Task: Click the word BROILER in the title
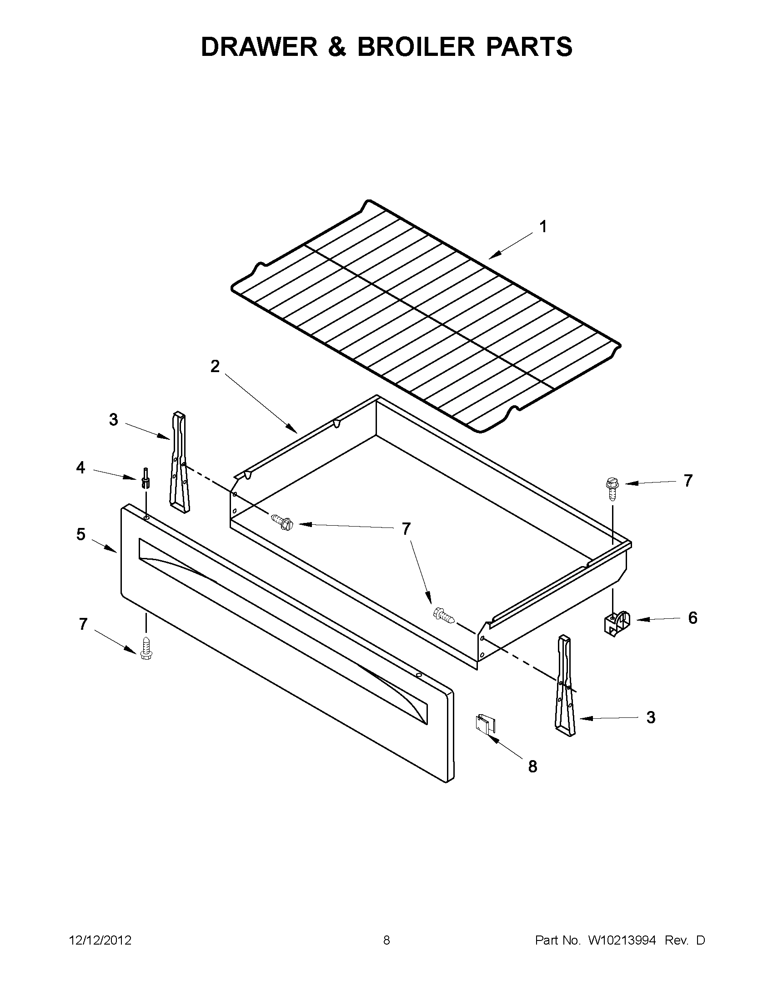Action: coord(416,47)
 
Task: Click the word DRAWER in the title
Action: coord(259,47)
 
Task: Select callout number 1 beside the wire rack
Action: coord(543,227)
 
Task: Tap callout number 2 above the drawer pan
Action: coord(215,366)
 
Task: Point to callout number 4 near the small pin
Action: coord(80,468)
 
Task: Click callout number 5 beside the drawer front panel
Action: coord(80,534)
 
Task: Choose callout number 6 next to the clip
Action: coord(693,618)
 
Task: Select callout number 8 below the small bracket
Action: coord(532,766)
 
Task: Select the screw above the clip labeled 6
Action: coord(612,488)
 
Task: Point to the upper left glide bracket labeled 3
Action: coord(179,463)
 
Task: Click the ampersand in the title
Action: coord(337,47)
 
